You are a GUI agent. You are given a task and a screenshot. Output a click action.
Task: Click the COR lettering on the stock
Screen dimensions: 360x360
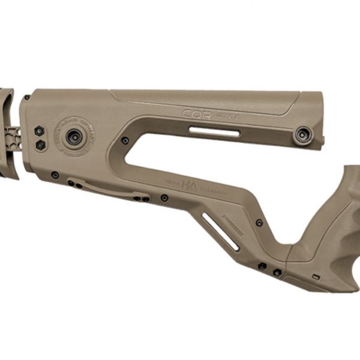(x=198, y=113)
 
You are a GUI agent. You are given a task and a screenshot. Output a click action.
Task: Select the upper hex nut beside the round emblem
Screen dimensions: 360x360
(x=39, y=131)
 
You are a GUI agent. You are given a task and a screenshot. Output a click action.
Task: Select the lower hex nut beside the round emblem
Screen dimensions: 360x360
(x=40, y=145)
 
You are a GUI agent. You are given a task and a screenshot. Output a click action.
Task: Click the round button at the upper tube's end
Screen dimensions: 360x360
(x=302, y=136)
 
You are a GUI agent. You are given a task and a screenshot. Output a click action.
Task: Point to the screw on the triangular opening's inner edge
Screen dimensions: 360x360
(x=125, y=140)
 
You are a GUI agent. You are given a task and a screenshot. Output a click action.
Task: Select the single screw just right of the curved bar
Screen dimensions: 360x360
(x=164, y=197)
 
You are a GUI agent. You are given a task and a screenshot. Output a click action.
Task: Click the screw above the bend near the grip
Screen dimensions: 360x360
(x=259, y=223)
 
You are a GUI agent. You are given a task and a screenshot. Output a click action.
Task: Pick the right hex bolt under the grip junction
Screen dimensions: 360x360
(x=277, y=272)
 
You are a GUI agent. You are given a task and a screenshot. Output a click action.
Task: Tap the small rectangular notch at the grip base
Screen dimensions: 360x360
(x=315, y=277)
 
